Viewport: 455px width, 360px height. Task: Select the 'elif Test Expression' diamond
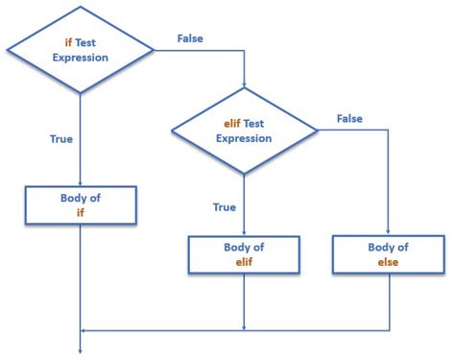(245, 131)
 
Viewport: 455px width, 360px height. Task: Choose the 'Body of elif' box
(245, 253)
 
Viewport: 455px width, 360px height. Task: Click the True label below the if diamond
(60, 139)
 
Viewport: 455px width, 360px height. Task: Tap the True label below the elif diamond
(223, 205)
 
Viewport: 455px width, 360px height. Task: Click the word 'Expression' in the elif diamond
(245, 138)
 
